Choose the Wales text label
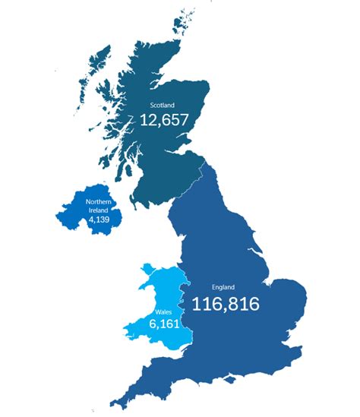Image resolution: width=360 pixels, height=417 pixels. click(163, 311)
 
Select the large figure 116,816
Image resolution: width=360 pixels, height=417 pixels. click(226, 305)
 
